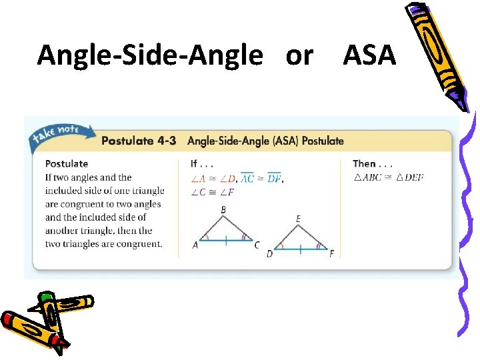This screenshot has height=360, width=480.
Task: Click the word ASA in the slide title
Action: [x=369, y=55]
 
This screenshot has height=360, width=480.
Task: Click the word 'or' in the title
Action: [x=299, y=56]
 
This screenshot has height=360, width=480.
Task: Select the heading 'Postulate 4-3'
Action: [x=139, y=141]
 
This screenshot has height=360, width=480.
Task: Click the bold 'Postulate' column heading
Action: [x=67, y=163]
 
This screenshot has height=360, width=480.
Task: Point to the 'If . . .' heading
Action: [x=203, y=163]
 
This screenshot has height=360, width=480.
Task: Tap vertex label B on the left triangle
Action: [x=223, y=210]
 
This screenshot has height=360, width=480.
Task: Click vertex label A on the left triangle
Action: [x=195, y=245]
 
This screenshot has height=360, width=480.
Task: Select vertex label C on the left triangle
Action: [x=257, y=245]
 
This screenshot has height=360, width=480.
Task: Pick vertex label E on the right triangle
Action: [x=297, y=219]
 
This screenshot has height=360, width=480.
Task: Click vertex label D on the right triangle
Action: [x=269, y=253]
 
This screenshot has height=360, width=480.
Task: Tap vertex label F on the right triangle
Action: [x=331, y=253]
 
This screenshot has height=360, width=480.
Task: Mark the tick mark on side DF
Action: [x=300, y=248]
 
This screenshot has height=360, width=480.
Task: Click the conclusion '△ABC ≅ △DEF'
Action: [x=388, y=177]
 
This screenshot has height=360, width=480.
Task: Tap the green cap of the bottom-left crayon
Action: [x=46, y=298]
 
